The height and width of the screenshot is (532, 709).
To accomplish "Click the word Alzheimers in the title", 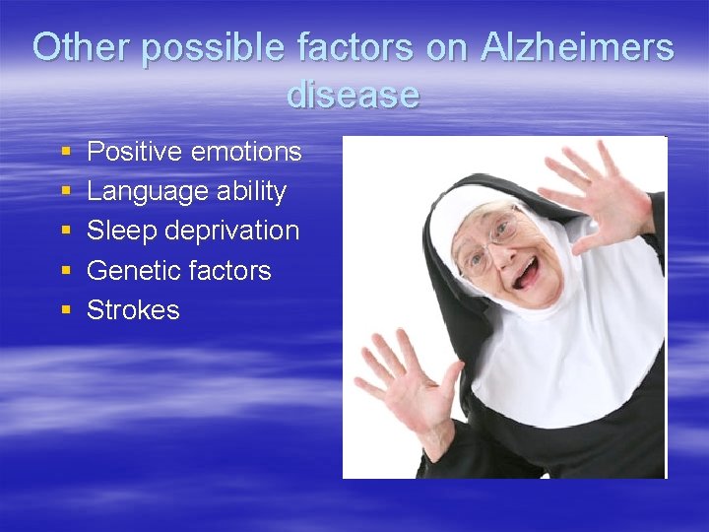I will tap(577, 47).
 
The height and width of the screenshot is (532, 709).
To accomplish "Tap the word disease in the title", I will tap(354, 95).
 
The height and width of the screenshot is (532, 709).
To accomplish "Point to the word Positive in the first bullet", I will tap(132, 152).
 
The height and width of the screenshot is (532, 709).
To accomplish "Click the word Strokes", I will tap(133, 309).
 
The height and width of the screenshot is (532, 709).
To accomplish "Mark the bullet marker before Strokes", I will tap(65, 309).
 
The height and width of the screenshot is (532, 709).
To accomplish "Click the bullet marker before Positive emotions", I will tap(65, 153).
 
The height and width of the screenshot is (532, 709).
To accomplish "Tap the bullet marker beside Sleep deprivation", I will tap(65, 232).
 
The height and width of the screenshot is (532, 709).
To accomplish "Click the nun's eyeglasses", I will tap(492, 241).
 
